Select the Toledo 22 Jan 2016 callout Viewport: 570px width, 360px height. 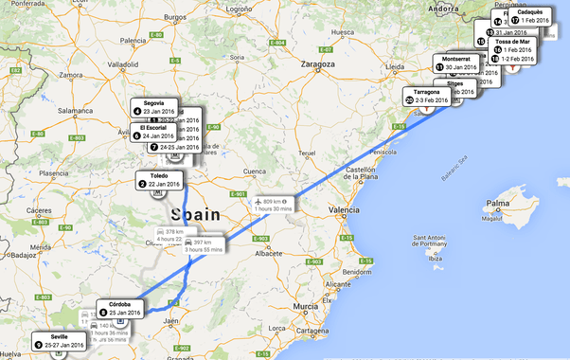[x=158, y=179]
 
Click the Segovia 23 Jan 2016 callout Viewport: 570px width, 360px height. [x=154, y=107]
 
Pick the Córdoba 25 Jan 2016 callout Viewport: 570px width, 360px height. [x=120, y=308]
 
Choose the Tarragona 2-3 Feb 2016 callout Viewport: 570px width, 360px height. [x=428, y=96]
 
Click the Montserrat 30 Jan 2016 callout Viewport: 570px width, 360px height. [x=459, y=63]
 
